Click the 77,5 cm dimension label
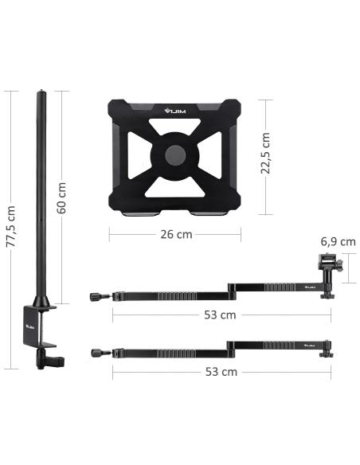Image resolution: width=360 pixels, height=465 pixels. (10, 226)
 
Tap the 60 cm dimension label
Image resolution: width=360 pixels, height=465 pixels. (61, 197)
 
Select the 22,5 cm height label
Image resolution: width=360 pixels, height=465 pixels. (265, 154)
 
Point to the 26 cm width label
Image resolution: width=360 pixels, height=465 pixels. (176, 234)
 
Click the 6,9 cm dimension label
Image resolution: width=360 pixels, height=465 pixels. (338, 242)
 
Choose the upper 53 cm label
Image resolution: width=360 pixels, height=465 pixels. (220, 315)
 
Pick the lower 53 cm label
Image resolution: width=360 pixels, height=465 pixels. (221, 372)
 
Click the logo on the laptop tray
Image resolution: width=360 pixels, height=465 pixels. (175, 111)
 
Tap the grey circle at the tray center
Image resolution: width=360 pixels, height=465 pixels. (175, 155)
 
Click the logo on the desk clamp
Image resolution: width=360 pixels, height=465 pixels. (30, 326)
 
